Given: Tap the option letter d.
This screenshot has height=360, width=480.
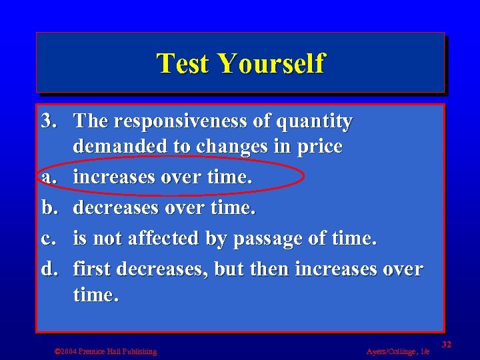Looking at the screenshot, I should coord(48,269).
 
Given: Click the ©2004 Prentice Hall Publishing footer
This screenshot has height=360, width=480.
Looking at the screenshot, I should coord(105,351).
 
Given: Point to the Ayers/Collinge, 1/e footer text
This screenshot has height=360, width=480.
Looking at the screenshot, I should coord(398,351).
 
